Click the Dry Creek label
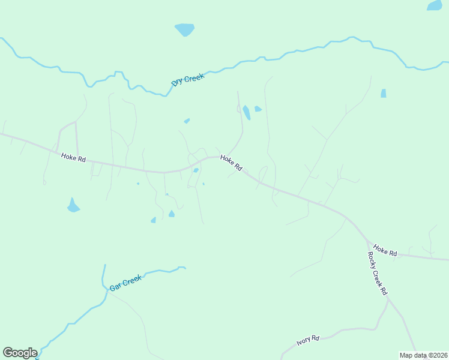188,79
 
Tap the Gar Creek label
125,283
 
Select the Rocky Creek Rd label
377,274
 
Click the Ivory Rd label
308,341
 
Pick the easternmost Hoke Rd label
385,250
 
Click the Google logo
20,353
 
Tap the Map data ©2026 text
423,355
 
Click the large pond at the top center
185,29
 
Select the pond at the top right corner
434,5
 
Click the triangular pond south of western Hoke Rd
73,206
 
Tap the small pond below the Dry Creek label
187,121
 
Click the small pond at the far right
383,93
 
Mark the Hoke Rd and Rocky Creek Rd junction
367,241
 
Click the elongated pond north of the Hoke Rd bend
246,112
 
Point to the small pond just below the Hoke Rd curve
196,170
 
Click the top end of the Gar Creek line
104,266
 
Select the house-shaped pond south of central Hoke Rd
172,214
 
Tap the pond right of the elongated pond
258,109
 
